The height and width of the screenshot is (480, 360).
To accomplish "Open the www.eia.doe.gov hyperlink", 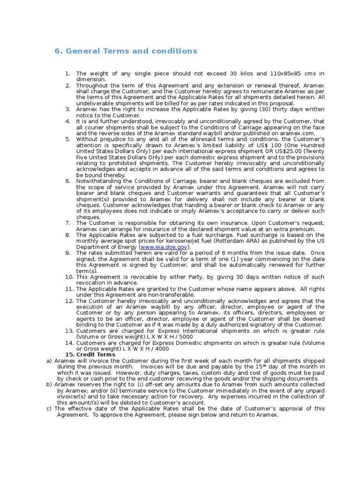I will (x=164, y=247).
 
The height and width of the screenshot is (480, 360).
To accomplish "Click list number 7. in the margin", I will (x=67, y=223).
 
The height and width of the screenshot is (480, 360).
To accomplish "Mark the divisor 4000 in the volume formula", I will (x=161, y=348).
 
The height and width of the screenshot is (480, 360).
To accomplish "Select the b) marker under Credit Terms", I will (x=49, y=384).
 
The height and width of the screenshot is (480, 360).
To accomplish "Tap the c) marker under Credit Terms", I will (x=49, y=408).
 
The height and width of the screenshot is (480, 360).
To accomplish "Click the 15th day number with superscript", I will (x=261, y=366).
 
